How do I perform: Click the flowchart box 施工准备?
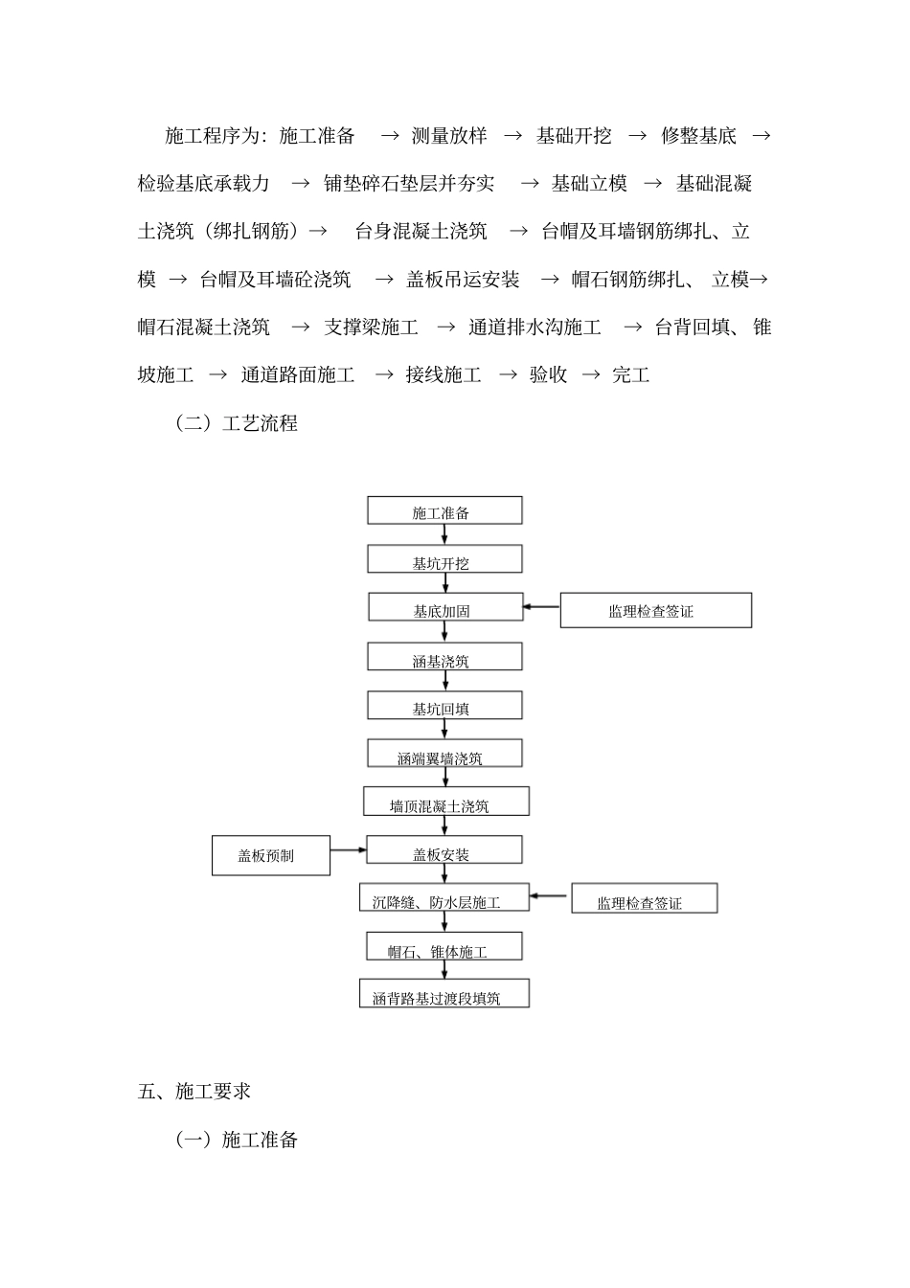coord(444,511)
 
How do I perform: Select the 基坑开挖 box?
coord(444,560)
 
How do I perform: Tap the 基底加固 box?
coord(445,608)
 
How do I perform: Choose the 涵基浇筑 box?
coord(444,658)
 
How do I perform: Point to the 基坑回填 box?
coord(444,707)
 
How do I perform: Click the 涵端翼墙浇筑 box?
coord(444,755)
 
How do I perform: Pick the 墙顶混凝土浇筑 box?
coord(445,802)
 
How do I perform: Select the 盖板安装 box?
coord(444,851)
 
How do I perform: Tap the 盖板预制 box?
coord(270,855)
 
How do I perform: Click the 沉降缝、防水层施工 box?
coord(444,898)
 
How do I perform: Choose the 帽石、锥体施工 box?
coord(444,948)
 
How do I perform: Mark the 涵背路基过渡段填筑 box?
coord(444,995)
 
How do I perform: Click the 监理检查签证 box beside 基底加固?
coord(655,610)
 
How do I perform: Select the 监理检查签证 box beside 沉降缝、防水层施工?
coord(644,899)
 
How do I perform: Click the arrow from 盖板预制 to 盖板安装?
coord(349,849)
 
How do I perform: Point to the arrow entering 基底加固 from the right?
coord(541,607)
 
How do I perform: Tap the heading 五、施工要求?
coord(194,1092)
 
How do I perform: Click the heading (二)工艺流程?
coord(237,423)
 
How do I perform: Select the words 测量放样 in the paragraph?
coord(449,136)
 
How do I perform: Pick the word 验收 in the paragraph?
coord(548,375)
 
